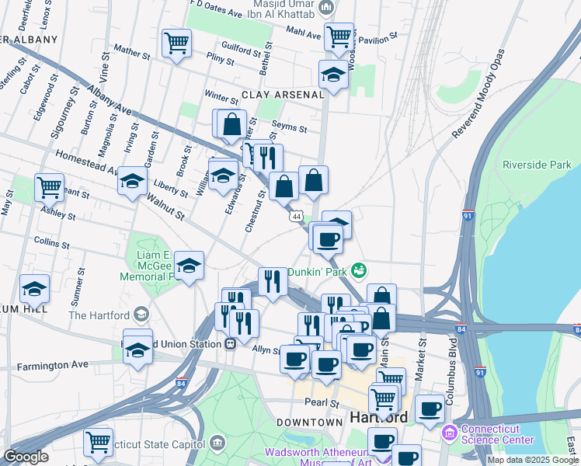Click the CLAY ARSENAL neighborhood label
[282, 95]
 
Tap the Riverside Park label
[537, 165]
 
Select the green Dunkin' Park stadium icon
[358, 271]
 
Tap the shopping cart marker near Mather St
[177, 43]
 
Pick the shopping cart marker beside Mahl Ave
[339, 36]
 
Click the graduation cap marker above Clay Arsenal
[333, 75]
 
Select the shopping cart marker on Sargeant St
[49, 187]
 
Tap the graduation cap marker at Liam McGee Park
[189, 266]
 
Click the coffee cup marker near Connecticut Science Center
[430, 408]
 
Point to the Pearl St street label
[322, 403]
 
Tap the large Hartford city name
[379, 417]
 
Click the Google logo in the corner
[26, 457]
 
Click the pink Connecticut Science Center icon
[449, 431]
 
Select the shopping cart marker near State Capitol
[98, 442]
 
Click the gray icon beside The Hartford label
[141, 315]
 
